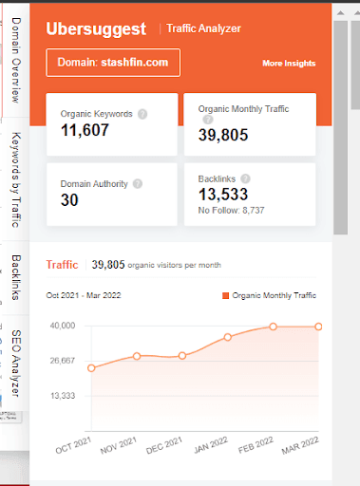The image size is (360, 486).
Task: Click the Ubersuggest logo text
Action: point(98,28)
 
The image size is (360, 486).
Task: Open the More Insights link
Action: point(289,64)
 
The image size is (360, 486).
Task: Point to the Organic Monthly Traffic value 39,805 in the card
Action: point(223,134)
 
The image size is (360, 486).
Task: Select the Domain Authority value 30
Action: point(69,198)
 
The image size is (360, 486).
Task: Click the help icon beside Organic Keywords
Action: point(142,114)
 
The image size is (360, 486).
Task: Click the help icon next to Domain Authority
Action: point(138,183)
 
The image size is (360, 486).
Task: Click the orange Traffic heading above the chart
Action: point(63,264)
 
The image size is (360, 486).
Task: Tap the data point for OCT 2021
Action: point(91,367)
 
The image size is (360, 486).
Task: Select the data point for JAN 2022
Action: point(228,337)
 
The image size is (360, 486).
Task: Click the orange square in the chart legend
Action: point(225,296)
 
